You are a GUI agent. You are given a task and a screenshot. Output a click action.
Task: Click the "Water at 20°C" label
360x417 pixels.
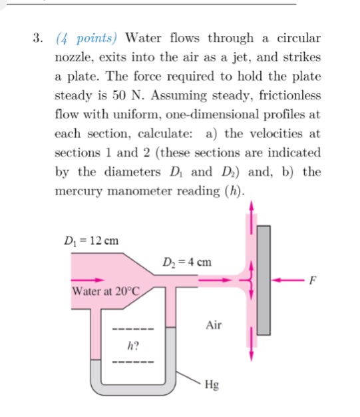coord(102,291)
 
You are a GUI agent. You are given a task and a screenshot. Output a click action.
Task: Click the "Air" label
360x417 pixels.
coord(214,326)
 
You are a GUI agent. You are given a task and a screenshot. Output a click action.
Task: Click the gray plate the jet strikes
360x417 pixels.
coord(264,280)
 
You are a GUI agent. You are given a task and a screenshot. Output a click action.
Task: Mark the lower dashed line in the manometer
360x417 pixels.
coord(133,362)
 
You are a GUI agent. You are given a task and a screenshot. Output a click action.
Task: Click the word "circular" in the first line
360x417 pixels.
coord(294,38)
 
